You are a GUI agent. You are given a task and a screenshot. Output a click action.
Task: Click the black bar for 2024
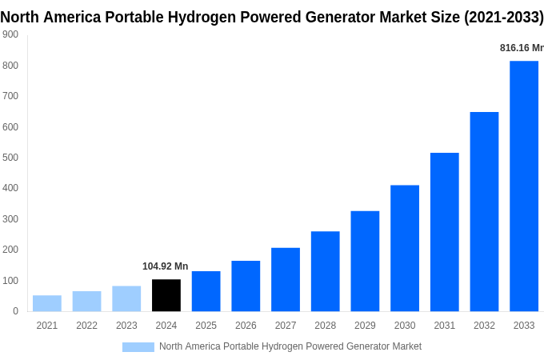(166, 295)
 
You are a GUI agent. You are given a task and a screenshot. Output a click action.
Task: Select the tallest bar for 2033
(524, 186)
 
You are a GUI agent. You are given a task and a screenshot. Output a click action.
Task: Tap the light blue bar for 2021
(47, 303)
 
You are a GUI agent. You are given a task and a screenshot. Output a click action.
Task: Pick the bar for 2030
(405, 248)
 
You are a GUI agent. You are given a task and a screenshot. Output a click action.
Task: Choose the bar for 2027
(286, 279)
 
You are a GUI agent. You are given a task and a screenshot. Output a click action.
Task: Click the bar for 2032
(484, 211)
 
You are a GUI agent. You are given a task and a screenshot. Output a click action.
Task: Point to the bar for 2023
(126, 298)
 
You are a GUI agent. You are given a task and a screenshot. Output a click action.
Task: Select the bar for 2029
(365, 261)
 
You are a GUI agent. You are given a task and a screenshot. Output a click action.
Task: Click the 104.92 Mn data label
(166, 266)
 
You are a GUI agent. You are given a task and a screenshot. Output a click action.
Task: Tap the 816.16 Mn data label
(522, 48)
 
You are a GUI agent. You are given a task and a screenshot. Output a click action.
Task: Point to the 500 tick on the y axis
(10, 158)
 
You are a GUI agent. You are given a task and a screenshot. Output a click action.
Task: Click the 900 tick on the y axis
(10, 34)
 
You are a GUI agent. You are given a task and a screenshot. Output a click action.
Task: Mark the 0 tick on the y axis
(15, 311)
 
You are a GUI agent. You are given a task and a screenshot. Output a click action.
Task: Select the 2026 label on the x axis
(246, 326)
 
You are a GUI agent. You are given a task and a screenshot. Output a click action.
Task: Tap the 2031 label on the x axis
(444, 326)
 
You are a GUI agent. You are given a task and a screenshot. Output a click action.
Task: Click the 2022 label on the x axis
(86, 326)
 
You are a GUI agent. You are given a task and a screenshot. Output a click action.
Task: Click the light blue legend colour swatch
(138, 346)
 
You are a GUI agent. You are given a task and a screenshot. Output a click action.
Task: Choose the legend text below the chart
(290, 346)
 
